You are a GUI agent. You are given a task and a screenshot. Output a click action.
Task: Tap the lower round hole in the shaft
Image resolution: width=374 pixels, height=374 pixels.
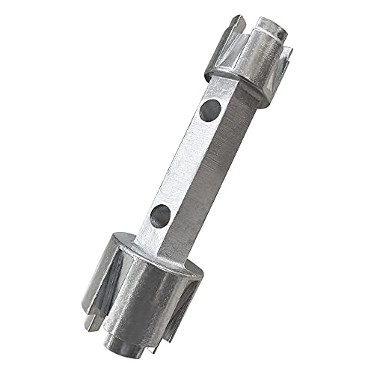(x=159, y=218)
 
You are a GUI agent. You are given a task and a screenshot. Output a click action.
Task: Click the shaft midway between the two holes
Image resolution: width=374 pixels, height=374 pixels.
(x=183, y=165)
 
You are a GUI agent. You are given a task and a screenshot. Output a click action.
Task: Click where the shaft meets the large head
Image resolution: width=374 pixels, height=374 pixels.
(x=150, y=247)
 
